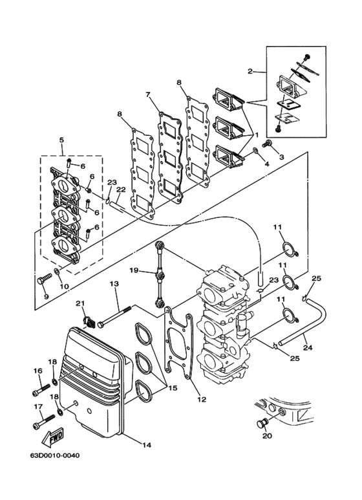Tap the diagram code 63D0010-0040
55,455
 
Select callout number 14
147,445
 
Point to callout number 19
134,270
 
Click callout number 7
147,94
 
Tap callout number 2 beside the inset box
250,71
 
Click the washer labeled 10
57,272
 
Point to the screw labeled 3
267,144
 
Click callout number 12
202,399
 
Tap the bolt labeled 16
41,389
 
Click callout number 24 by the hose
307,347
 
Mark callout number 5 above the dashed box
61,140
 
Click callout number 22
121,190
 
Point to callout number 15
173,388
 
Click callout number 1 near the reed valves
255,135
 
